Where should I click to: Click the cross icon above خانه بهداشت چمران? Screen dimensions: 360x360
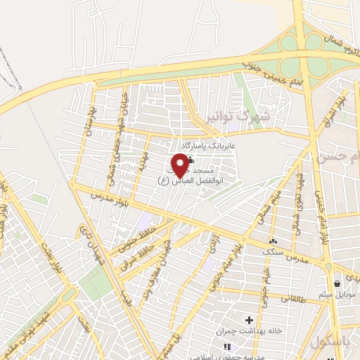[248, 320]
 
